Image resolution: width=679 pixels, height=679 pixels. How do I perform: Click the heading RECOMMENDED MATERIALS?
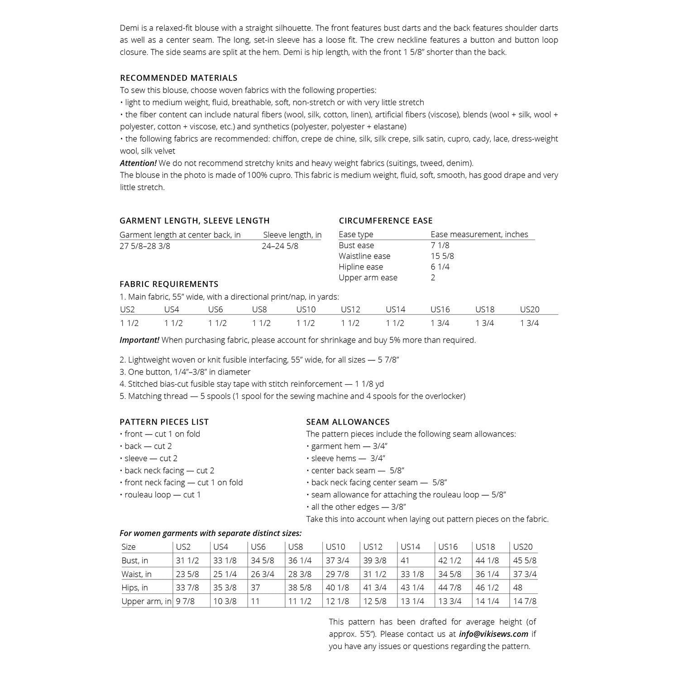(178, 78)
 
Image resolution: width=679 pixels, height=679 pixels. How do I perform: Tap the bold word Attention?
(138, 163)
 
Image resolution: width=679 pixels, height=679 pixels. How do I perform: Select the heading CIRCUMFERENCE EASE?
(386, 220)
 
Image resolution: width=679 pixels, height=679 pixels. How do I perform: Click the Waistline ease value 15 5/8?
(442, 256)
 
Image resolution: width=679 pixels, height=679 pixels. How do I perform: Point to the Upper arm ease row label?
(368, 278)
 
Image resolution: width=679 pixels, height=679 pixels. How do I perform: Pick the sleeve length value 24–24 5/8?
(280, 246)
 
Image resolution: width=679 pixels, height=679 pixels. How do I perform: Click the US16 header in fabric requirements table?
(440, 310)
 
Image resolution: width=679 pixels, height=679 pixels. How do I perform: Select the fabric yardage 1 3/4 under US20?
(529, 323)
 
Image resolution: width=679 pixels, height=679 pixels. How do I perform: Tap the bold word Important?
(139, 340)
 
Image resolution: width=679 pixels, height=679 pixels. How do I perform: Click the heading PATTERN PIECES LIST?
(164, 422)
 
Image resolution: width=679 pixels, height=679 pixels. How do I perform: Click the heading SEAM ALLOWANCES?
(348, 422)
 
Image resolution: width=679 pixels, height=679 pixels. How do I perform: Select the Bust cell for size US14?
(405, 560)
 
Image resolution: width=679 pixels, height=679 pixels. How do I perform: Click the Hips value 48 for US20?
(518, 588)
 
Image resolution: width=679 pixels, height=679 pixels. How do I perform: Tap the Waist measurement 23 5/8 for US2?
(187, 574)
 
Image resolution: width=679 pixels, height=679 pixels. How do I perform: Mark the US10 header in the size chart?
(335, 547)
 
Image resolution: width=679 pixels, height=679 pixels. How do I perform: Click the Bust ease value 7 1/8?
(440, 245)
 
